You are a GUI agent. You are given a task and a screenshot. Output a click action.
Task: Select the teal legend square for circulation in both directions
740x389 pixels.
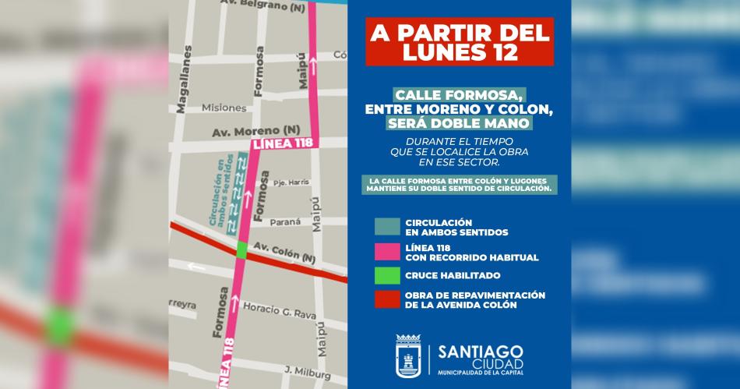tap(386, 226)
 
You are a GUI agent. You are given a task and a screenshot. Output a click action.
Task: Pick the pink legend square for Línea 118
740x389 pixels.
tap(386, 251)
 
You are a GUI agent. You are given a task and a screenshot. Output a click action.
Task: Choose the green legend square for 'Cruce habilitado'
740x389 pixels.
tap(386, 276)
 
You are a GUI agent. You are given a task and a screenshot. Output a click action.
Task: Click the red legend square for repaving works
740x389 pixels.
tap(386, 300)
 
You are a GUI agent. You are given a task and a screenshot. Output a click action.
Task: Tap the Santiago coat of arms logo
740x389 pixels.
tap(408, 357)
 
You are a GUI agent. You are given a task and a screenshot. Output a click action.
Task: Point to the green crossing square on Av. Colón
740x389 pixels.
tap(242, 250)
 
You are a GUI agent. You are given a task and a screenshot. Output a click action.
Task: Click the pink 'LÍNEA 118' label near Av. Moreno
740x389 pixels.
tap(279, 144)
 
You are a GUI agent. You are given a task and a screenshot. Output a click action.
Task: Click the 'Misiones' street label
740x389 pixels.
tap(224, 108)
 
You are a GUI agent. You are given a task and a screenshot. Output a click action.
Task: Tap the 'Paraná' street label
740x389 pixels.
tap(284, 222)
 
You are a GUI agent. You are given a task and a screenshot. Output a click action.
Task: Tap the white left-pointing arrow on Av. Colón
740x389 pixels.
tap(197, 267)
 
